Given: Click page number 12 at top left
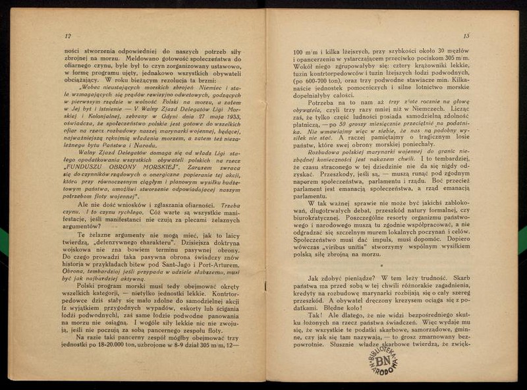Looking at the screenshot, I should [68, 36].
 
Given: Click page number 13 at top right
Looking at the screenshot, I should [466, 37].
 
